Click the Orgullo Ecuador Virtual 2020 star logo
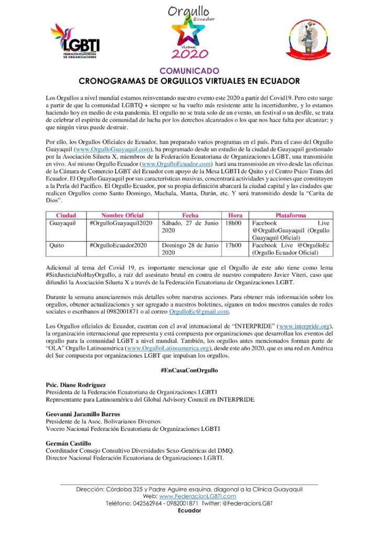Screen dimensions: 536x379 (x=189, y=32)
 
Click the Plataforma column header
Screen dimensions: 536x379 (x=291, y=215)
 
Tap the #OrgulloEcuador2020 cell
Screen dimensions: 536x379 (x=118, y=244)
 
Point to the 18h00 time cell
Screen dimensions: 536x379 (x=233, y=222)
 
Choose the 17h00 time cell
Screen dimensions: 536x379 (x=233, y=244)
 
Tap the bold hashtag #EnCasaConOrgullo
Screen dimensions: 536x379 (x=189, y=370)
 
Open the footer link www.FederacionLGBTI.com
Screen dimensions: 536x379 (x=197, y=496)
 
